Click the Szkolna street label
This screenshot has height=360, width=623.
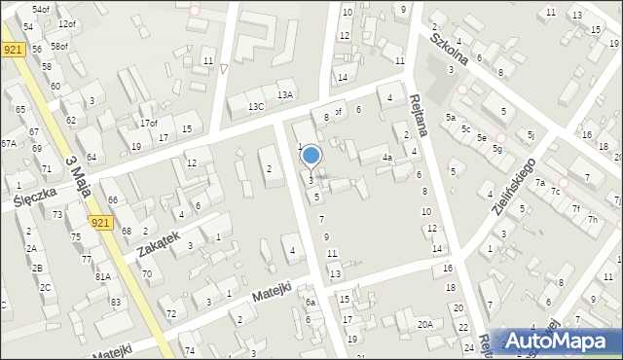[x=451, y=46]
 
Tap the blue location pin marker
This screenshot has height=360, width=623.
[x=311, y=156]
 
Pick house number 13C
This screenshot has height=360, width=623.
[x=255, y=106]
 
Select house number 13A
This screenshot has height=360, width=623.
[x=284, y=95]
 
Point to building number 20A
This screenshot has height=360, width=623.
[x=424, y=324]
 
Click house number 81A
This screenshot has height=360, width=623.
[x=102, y=276]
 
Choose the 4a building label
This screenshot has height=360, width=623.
[x=386, y=157]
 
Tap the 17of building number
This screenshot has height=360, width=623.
[x=148, y=123]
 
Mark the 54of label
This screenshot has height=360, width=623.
[x=40, y=9]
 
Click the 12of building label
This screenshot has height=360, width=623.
[x=66, y=23]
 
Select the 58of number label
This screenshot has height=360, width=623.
[x=59, y=46]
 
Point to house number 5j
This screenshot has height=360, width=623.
[x=531, y=134]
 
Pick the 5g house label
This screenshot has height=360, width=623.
[x=496, y=149]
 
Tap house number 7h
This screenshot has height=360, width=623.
[x=592, y=219]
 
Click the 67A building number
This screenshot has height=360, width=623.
[x=8, y=143]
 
